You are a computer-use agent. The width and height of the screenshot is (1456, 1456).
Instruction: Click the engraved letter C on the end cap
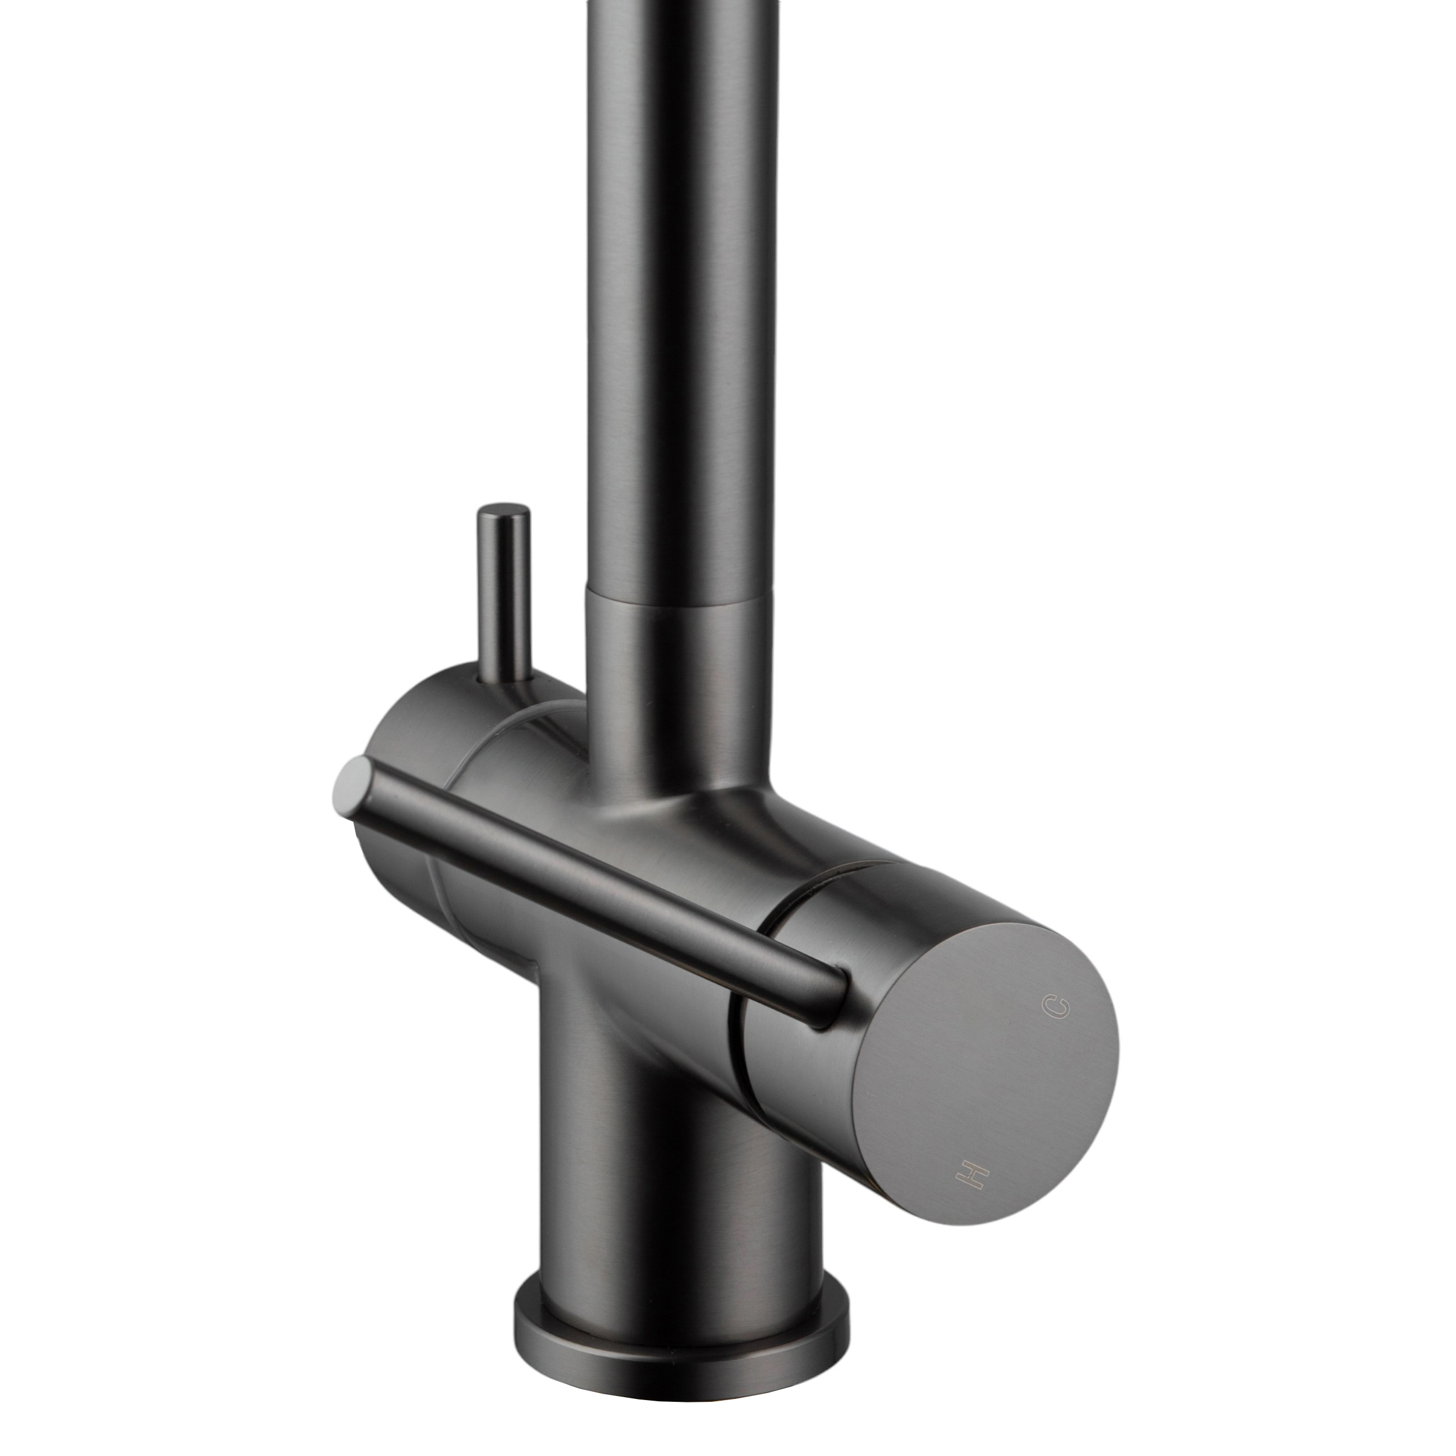[x=1056, y=1005]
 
